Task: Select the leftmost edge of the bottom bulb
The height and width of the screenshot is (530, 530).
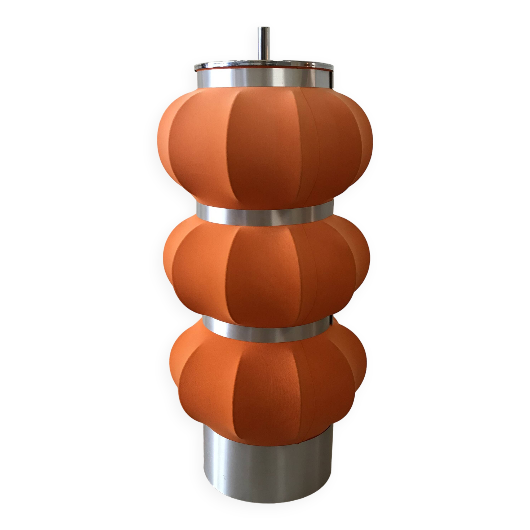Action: tap(170, 362)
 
